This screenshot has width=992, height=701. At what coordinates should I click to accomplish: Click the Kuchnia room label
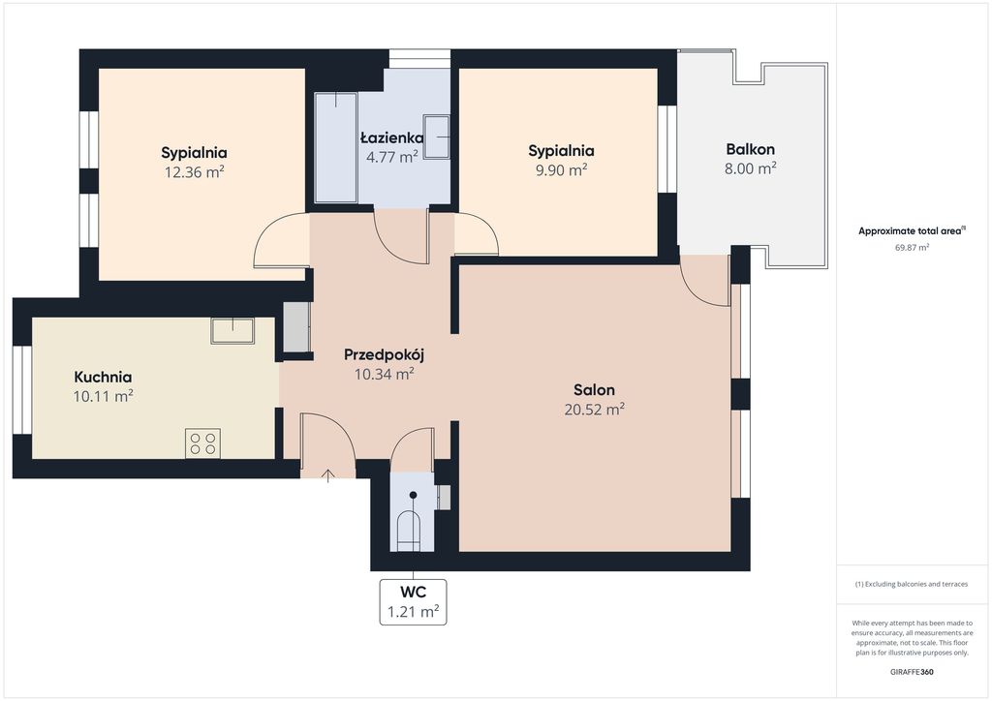coord(103,378)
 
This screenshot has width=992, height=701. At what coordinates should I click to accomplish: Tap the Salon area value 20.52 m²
coord(595,409)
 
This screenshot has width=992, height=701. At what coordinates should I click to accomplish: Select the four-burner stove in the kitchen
coord(203,443)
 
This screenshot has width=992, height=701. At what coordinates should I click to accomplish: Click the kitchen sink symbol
coord(232,330)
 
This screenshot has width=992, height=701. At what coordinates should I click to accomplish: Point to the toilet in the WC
coord(408,531)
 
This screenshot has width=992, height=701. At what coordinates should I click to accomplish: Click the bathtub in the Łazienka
coord(336,147)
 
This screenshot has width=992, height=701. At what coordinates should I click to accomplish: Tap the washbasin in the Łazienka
coord(437,137)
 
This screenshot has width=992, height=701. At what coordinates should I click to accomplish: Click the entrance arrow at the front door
coord(327,476)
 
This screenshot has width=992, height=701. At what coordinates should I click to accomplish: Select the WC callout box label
coord(413,602)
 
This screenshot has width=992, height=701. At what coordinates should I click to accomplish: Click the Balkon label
coord(751,150)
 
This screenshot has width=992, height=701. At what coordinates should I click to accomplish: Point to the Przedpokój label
coord(384,355)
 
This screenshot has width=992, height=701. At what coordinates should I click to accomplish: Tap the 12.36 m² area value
coord(194,172)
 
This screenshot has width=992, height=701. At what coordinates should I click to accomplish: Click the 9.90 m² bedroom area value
coord(561,170)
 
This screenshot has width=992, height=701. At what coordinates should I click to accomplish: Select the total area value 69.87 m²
coord(912,248)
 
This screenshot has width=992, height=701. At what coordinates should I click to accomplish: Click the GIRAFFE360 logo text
coord(912,672)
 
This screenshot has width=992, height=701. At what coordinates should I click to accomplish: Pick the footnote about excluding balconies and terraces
coord(912,584)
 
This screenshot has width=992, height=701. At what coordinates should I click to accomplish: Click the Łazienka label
coord(392,137)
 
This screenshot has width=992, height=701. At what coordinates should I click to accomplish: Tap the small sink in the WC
coord(444,498)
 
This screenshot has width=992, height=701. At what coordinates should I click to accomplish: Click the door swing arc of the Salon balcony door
coord(696,289)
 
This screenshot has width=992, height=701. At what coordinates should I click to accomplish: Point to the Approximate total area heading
coord(912,231)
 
